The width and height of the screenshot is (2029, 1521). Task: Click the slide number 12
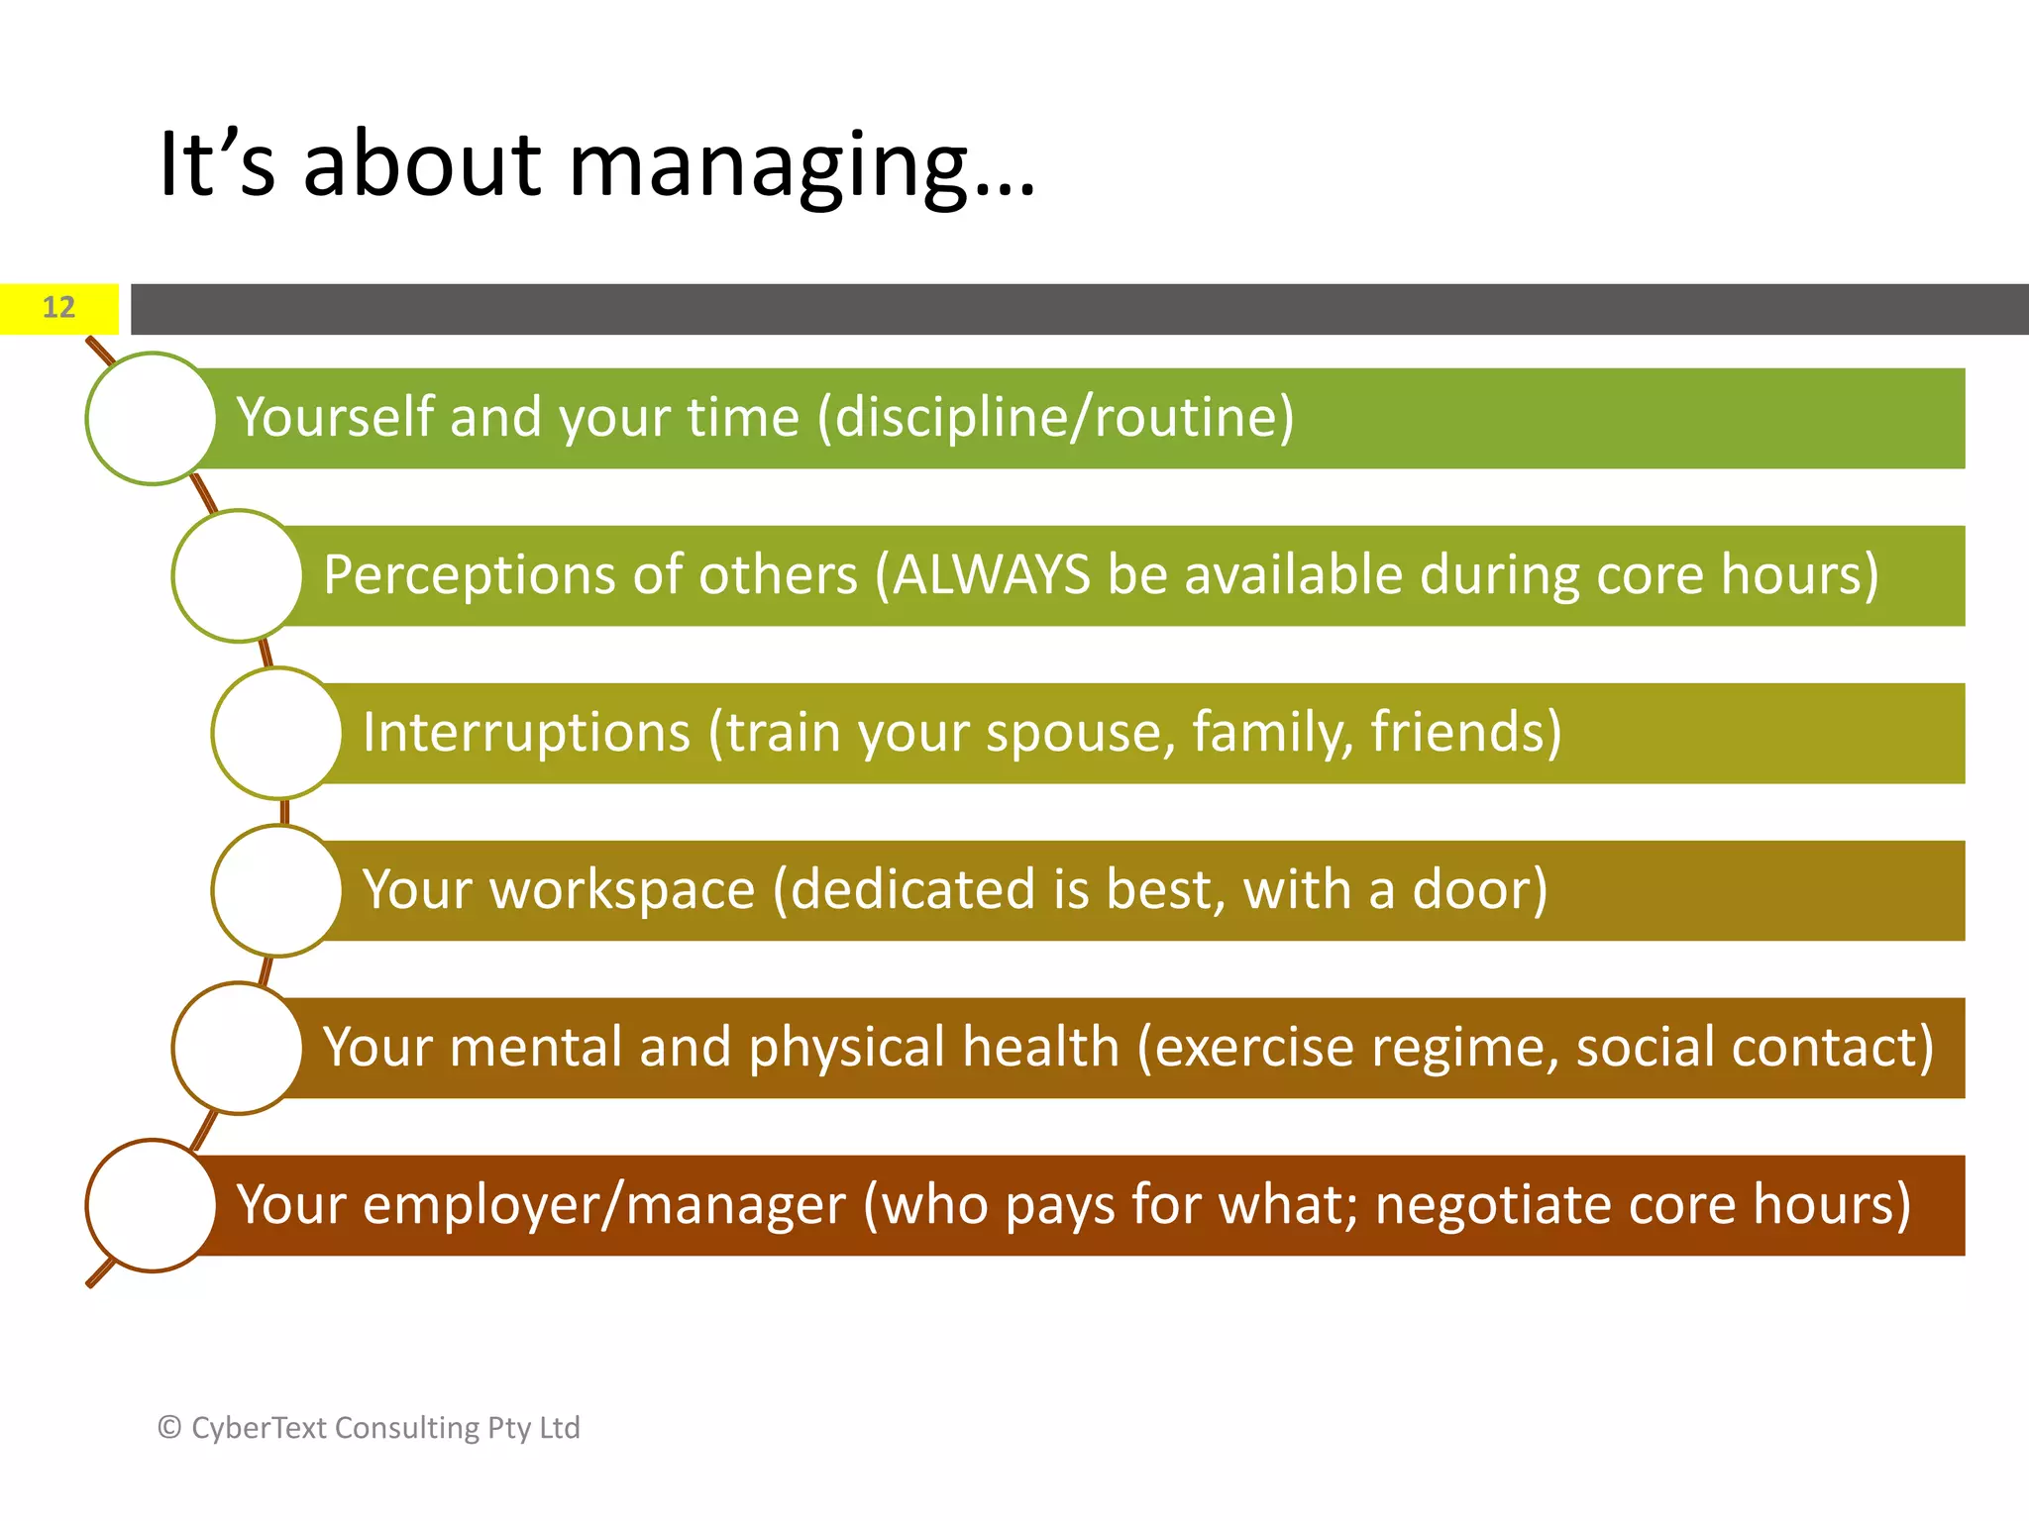point(58,308)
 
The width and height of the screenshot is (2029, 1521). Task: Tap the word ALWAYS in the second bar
point(991,575)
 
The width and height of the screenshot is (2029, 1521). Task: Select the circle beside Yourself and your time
point(152,418)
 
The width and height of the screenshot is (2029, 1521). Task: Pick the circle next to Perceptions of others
point(238,575)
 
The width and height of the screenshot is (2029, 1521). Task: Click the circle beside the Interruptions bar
point(277,733)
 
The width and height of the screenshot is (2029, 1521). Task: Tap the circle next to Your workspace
point(277,890)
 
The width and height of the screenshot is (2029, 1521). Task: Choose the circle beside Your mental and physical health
point(238,1048)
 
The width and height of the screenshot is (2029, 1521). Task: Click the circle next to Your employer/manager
point(152,1205)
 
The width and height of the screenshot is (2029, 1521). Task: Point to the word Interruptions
point(526,733)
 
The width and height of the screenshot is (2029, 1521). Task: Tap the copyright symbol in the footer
point(169,1428)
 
